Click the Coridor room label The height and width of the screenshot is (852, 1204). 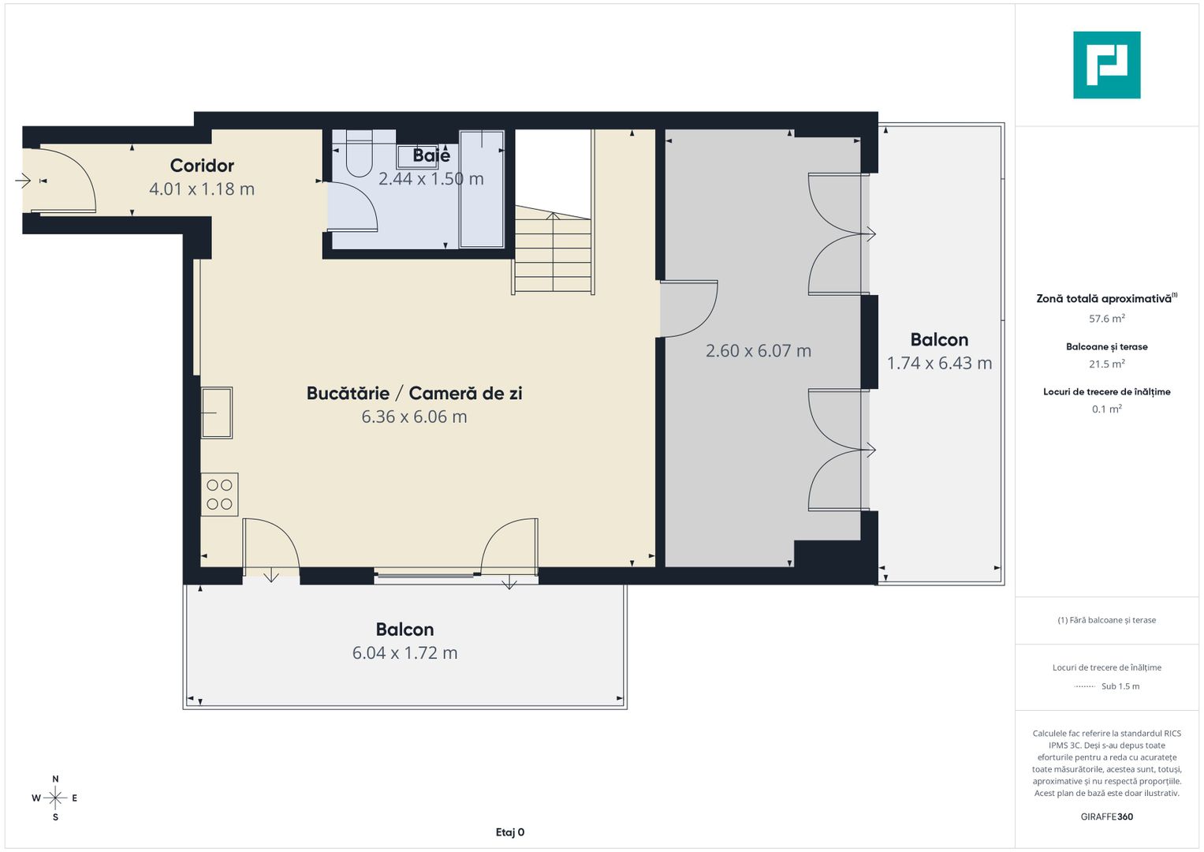tap(202, 166)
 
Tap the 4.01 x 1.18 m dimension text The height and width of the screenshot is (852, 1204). tap(202, 189)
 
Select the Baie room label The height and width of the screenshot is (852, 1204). tap(431, 156)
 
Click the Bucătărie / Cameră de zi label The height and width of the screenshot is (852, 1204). tap(414, 393)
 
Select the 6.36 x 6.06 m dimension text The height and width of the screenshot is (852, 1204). tap(414, 417)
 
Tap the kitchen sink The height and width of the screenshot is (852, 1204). tap(216, 412)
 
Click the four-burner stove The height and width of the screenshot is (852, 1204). tap(219, 495)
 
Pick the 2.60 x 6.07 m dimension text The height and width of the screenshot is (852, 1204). tap(758, 351)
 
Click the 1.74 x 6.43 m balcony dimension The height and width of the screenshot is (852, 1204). tap(939, 364)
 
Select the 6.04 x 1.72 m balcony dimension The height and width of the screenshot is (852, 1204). tap(404, 653)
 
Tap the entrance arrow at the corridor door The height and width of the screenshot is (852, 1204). tap(23, 181)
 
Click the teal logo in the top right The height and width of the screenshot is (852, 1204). tap(1106, 65)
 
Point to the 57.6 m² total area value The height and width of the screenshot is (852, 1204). tap(1106, 319)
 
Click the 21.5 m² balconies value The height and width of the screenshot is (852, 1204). tap(1106, 364)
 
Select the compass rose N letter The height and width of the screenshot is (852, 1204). tap(55, 779)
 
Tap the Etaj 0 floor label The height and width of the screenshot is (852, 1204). tap(509, 832)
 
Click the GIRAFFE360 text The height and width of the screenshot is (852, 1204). tap(1106, 816)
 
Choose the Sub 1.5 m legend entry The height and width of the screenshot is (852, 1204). tap(1120, 686)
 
